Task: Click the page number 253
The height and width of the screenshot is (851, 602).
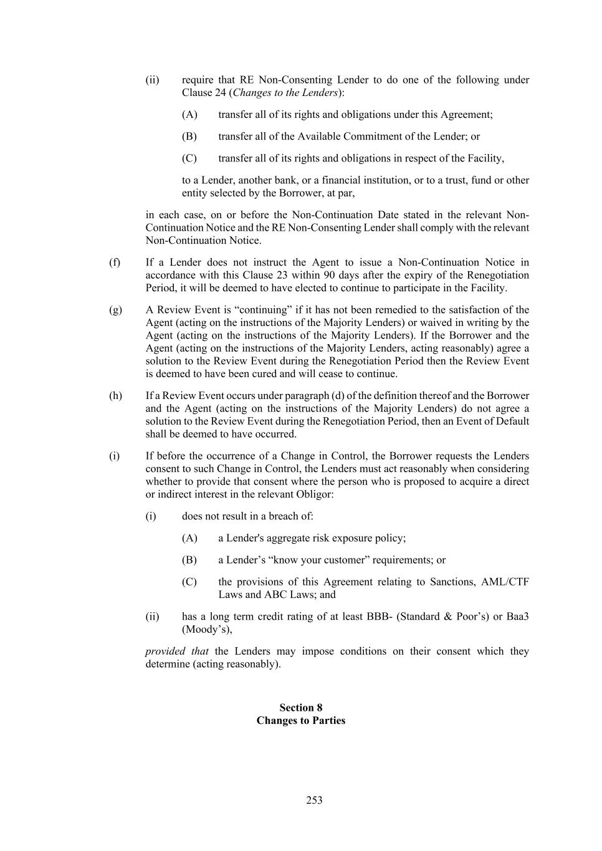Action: coord(314,800)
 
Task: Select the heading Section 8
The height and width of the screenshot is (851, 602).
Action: coord(300,707)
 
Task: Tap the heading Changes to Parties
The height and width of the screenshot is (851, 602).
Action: coord(300,720)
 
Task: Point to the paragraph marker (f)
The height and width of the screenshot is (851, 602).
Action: coord(115,262)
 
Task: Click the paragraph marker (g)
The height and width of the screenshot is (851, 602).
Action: coord(115,309)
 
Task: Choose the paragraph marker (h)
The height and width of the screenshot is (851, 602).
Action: coord(115,395)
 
